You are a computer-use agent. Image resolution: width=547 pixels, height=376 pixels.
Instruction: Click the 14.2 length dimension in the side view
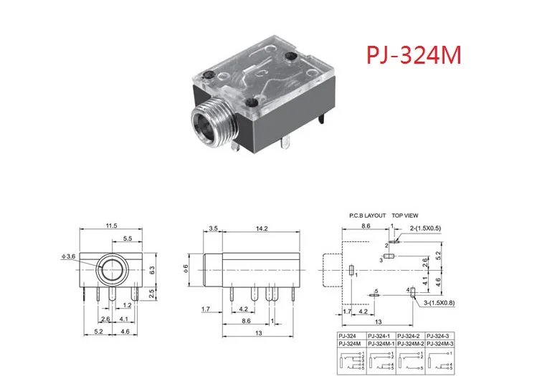pos(262,230)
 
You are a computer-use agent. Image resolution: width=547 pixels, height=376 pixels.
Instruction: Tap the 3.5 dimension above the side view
pos(214,230)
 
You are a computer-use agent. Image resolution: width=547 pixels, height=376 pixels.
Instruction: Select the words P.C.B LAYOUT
pos(367,216)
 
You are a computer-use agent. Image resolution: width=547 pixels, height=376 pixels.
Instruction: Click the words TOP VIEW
pos(405,216)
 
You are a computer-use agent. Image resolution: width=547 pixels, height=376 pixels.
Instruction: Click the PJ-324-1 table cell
pos(381,336)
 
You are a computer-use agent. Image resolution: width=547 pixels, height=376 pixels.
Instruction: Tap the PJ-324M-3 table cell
pos(440,344)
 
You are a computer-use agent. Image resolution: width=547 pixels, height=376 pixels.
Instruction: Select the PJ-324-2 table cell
pos(410,336)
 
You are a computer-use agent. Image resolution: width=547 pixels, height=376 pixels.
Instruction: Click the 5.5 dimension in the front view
pos(126,238)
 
